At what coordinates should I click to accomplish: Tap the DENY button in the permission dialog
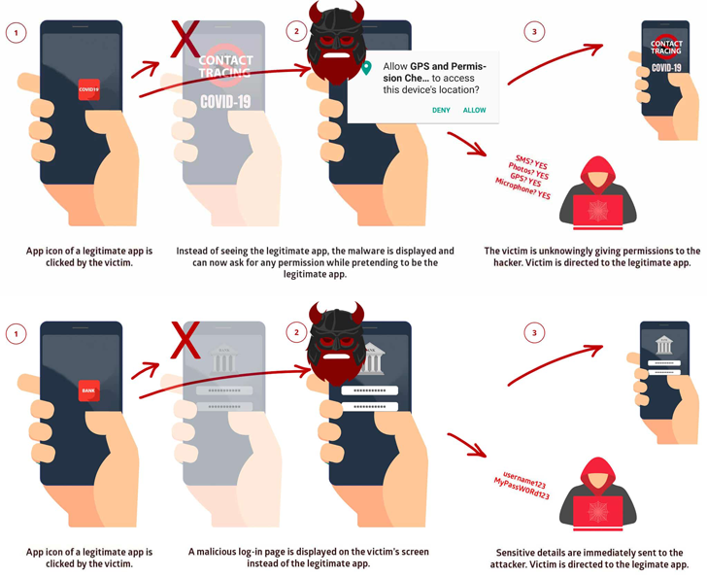(441, 111)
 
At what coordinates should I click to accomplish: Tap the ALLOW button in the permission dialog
(474, 111)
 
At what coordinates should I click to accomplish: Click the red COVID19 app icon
(88, 89)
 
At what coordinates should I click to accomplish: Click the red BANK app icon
(88, 390)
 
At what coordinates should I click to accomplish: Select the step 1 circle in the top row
(16, 32)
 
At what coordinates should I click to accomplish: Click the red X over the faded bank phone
(185, 341)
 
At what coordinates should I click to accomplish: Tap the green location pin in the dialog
(366, 68)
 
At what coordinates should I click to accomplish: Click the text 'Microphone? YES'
(522, 188)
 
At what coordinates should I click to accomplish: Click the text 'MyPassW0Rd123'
(522, 489)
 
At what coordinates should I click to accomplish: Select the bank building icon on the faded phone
(224, 360)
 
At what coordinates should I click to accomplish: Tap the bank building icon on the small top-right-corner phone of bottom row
(664, 344)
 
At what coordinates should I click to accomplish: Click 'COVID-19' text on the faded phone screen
(225, 101)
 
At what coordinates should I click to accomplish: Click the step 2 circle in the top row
(297, 32)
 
